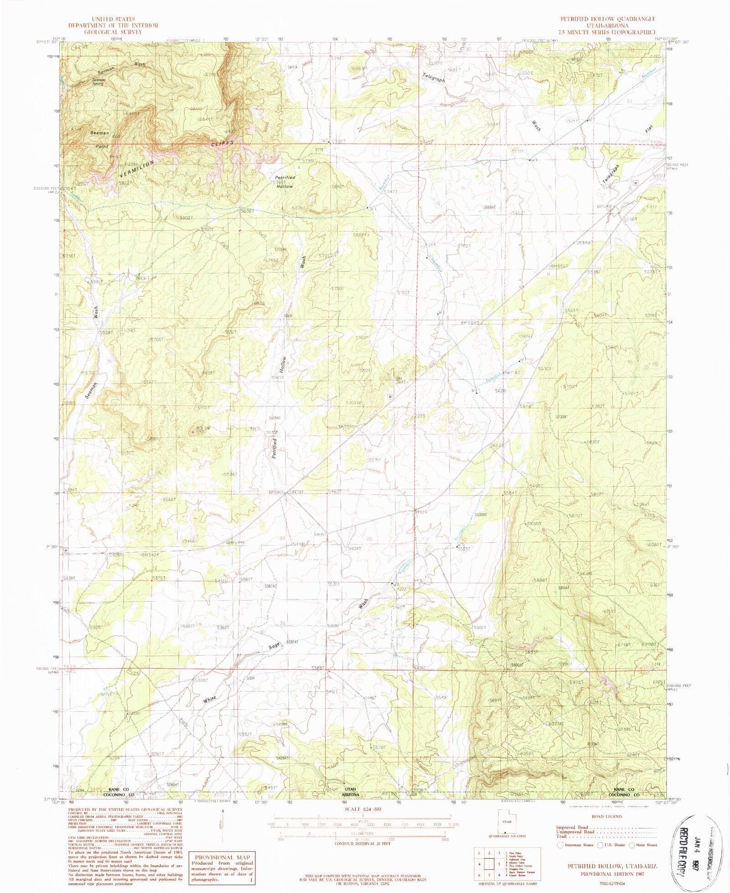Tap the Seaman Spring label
coord(99,82)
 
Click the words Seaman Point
coord(99,140)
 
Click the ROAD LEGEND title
coord(606,816)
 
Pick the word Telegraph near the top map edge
coord(433,77)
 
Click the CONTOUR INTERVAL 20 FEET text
coord(363,844)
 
